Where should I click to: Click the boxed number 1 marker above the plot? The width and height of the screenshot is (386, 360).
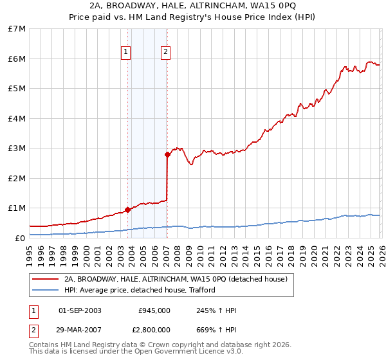tap(126, 52)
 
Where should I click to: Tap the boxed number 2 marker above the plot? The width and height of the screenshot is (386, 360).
tap(165, 52)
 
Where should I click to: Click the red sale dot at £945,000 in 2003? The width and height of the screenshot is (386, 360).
tap(127, 210)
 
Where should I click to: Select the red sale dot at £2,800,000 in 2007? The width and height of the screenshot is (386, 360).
tap(168, 154)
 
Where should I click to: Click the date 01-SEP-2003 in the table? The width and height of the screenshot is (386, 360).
tap(80, 310)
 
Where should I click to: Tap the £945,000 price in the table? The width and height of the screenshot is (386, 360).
tap(154, 310)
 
